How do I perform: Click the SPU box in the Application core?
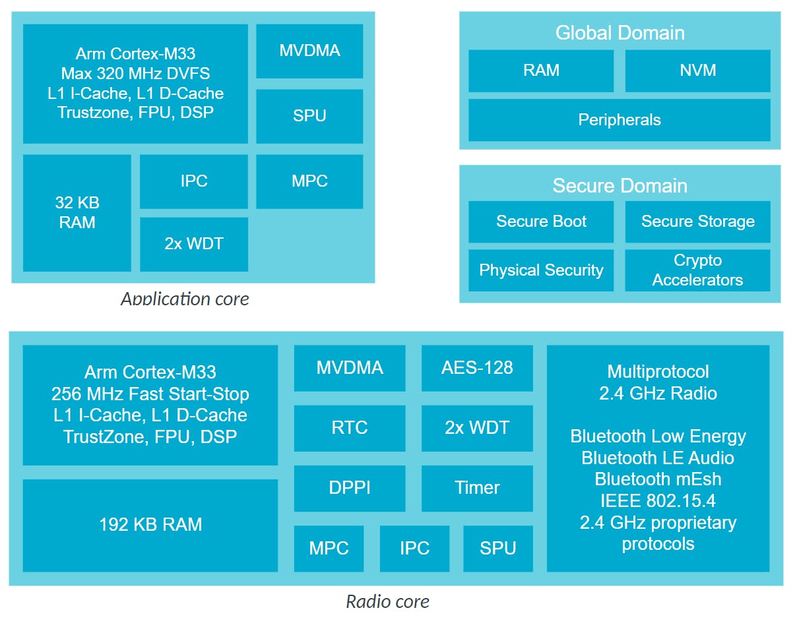click(x=309, y=116)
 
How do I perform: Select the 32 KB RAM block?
click(x=77, y=212)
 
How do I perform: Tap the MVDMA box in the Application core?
click(x=309, y=51)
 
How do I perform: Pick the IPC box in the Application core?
click(x=194, y=181)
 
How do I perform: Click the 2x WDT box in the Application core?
click(x=194, y=244)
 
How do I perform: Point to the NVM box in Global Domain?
click(x=697, y=71)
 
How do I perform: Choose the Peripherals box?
click(x=619, y=120)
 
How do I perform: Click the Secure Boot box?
click(x=541, y=222)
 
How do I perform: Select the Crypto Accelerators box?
click(x=697, y=270)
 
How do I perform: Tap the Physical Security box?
click(x=541, y=270)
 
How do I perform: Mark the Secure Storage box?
click(x=697, y=222)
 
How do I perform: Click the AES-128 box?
click(x=477, y=368)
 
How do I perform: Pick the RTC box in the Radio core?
click(x=350, y=428)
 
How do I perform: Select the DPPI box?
click(x=350, y=488)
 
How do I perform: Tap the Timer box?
click(x=477, y=488)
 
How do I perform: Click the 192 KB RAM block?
click(x=150, y=525)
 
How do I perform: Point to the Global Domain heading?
click(x=620, y=33)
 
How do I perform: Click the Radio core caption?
click(x=388, y=601)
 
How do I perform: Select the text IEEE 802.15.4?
click(x=658, y=500)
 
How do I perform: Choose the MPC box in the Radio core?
click(x=329, y=548)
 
